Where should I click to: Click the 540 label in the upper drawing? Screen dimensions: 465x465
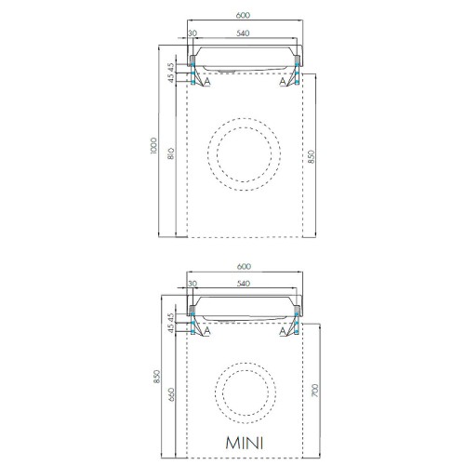(x=243, y=33)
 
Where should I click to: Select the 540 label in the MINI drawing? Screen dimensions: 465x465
(x=243, y=284)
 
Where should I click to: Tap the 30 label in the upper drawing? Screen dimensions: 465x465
(x=193, y=33)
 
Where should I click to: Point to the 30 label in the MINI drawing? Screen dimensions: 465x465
(x=193, y=284)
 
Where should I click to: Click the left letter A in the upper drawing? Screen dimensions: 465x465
(x=206, y=81)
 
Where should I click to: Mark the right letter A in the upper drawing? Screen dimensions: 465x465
(x=282, y=81)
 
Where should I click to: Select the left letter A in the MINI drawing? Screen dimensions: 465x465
(x=206, y=331)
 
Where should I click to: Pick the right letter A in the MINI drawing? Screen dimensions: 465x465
(x=282, y=331)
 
